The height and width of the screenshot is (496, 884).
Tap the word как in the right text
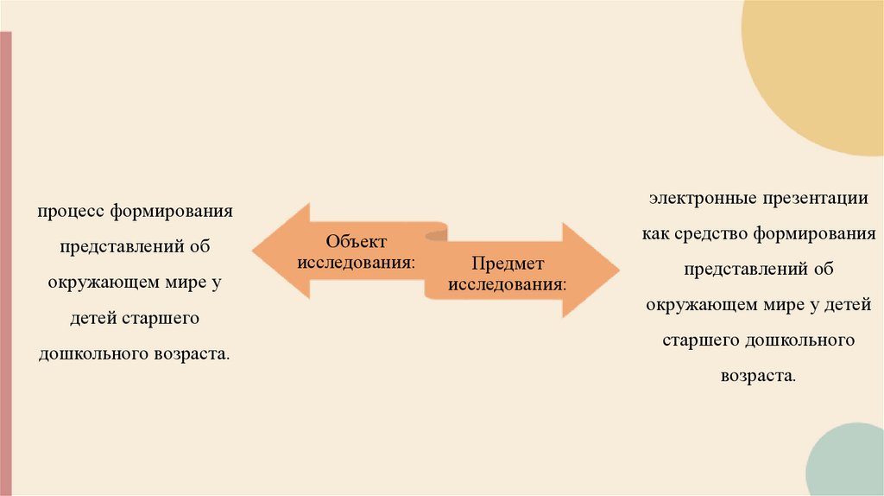pos(655,233)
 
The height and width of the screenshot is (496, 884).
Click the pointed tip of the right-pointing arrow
pos(618,270)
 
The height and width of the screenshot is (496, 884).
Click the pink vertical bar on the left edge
pos(6,259)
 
